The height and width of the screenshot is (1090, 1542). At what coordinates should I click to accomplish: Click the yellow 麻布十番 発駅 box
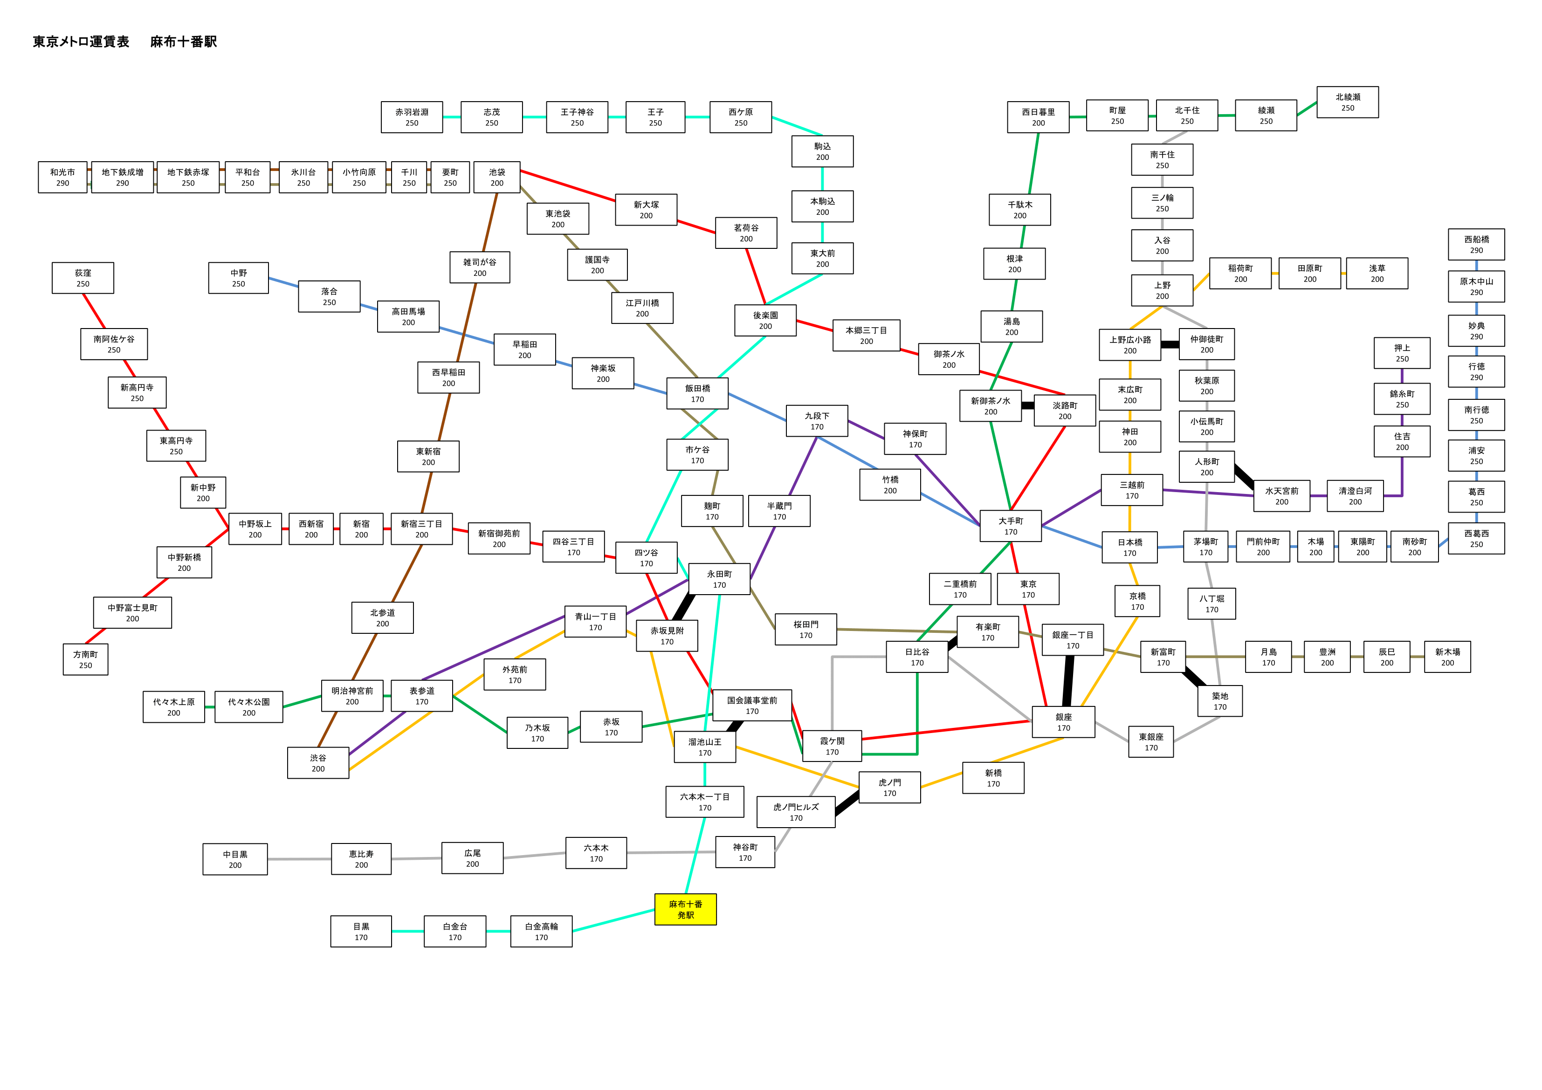(685, 909)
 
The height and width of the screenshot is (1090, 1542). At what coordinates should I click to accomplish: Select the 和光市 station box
(62, 177)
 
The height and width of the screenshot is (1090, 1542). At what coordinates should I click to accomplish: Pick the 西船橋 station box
(1476, 245)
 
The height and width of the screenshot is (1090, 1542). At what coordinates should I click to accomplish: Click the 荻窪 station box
(83, 278)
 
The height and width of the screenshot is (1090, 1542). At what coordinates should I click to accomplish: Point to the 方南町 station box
(85, 659)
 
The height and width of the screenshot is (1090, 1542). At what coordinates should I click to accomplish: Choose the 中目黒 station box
(235, 859)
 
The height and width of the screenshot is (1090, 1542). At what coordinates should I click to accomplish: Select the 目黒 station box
(361, 932)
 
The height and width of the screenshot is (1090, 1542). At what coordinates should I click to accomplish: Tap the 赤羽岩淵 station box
(412, 117)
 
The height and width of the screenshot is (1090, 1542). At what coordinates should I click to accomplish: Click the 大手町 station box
(1011, 526)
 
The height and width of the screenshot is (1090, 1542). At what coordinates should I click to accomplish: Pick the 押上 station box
(1402, 353)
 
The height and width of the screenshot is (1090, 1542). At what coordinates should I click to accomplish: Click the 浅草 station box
(1377, 274)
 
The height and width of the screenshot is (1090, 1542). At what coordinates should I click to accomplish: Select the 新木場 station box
(1447, 657)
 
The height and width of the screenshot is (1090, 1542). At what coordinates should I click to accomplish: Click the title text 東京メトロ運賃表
(81, 41)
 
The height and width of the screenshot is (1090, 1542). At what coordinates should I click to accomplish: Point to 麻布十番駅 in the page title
(183, 41)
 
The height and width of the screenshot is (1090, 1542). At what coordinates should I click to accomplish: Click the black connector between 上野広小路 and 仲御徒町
(1170, 344)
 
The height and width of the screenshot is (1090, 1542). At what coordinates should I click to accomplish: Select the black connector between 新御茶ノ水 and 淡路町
(1027, 405)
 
